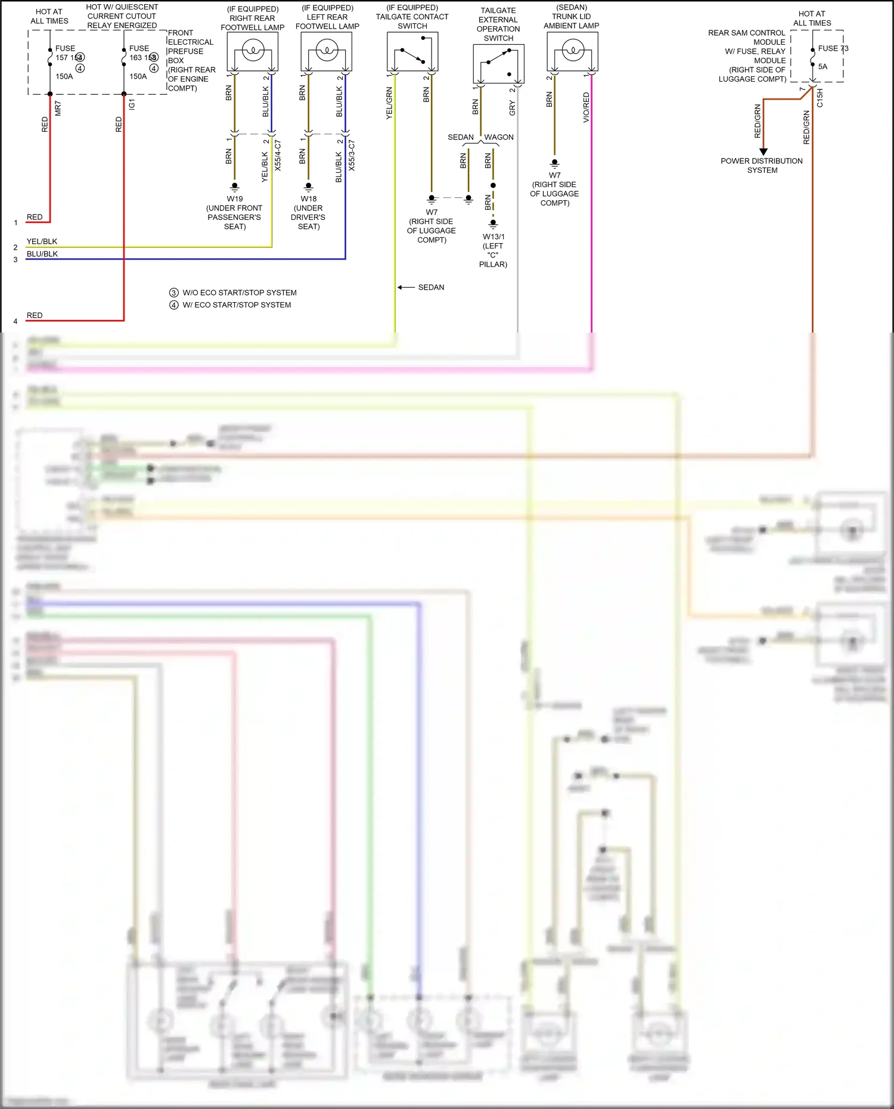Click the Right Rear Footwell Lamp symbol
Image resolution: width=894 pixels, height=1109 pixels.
click(x=253, y=51)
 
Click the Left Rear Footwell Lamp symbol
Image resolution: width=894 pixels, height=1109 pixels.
click(x=327, y=51)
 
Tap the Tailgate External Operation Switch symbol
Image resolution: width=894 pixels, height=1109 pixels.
click(x=498, y=64)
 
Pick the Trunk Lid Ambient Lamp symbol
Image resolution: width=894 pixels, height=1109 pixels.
click(x=572, y=51)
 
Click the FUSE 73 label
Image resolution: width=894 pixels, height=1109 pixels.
click(x=833, y=48)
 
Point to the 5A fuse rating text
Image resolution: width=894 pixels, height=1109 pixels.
click(x=822, y=67)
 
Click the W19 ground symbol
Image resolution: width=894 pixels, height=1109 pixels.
click(x=235, y=187)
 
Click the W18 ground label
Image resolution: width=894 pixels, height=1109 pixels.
click(x=309, y=199)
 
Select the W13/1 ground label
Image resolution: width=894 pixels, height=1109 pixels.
click(x=493, y=237)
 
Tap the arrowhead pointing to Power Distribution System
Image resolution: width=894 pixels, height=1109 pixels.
click(x=763, y=152)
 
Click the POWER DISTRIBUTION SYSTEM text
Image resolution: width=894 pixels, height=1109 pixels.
click(x=762, y=166)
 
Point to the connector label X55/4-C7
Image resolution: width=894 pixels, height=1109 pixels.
click(x=278, y=156)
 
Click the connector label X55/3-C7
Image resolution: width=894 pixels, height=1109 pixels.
click(x=352, y=156)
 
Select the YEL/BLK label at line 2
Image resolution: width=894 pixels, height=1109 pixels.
click(x=42, y=241)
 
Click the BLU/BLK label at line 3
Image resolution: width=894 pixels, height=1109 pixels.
click(x=42, y=254)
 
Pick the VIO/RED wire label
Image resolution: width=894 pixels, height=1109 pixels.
click(x=586, y=108)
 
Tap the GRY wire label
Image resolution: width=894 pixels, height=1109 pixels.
click(x=513, y=108)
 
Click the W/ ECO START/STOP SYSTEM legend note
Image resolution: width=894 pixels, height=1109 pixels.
click(x=236, y=305)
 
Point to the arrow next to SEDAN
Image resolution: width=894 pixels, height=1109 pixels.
click(x=406, y=287)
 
